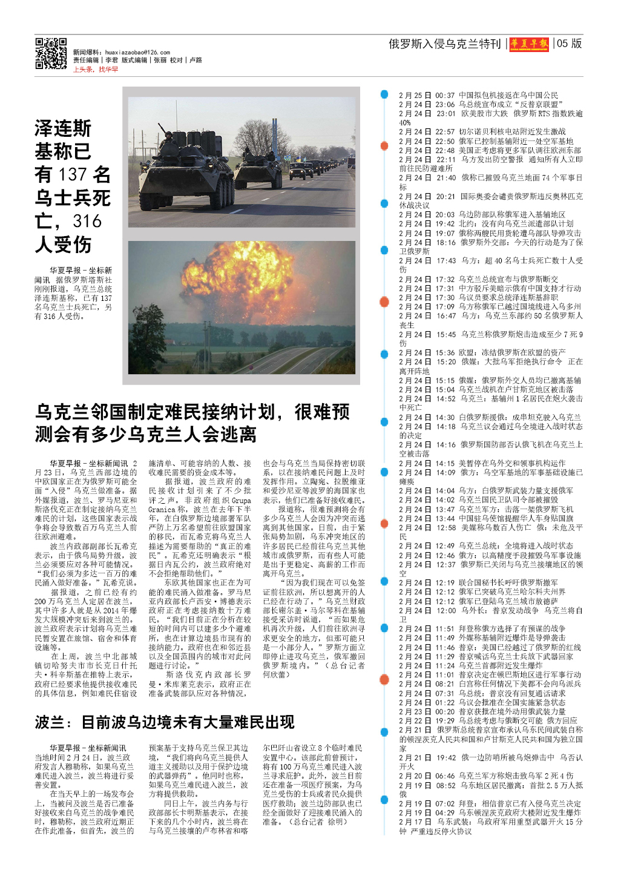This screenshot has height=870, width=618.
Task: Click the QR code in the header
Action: (51, 53)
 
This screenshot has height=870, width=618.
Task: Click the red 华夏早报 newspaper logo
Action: (530, 44)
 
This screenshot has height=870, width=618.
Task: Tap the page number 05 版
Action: (569, 44)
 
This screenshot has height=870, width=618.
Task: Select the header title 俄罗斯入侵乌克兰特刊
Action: (444, 44)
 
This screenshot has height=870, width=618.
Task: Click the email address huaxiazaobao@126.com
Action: (137, 53)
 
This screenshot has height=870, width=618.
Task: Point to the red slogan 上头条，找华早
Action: (96, 70)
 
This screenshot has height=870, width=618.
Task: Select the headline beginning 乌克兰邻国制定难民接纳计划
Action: (192, 423)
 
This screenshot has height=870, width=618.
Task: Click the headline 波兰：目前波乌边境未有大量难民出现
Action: (165, 722)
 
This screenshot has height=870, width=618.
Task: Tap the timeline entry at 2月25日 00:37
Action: (478, 95)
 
